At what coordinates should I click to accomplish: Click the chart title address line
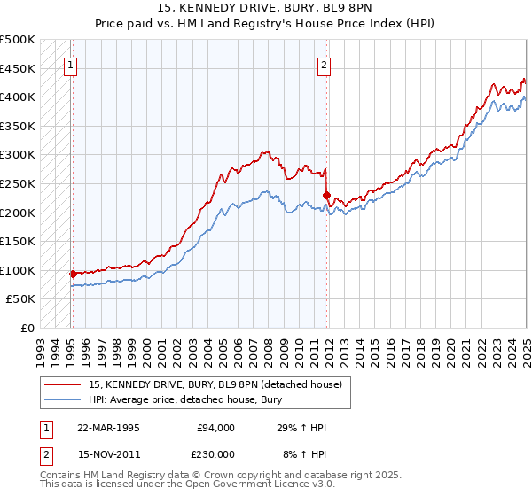point(266,8)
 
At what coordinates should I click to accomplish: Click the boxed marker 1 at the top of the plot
point(70,64)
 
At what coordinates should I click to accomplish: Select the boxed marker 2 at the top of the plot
point(325,64)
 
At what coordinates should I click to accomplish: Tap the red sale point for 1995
point(73,274)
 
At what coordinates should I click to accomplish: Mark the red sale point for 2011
point(327,195)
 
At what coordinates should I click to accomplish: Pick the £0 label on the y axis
point(27,329)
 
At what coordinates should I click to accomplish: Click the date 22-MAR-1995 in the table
point(108,428)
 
